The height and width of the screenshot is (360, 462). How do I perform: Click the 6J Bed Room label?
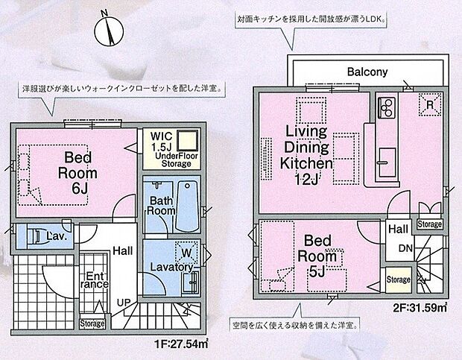point(77,171)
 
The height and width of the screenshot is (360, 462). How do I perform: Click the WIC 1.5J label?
point(161,142)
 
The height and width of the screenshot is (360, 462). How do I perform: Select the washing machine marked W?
point(183,250)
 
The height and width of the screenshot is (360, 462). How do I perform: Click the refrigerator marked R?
point(429,105)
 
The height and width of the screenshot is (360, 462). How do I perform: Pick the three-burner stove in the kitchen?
point(387,110)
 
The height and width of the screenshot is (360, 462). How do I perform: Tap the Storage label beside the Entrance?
point(92,323)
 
